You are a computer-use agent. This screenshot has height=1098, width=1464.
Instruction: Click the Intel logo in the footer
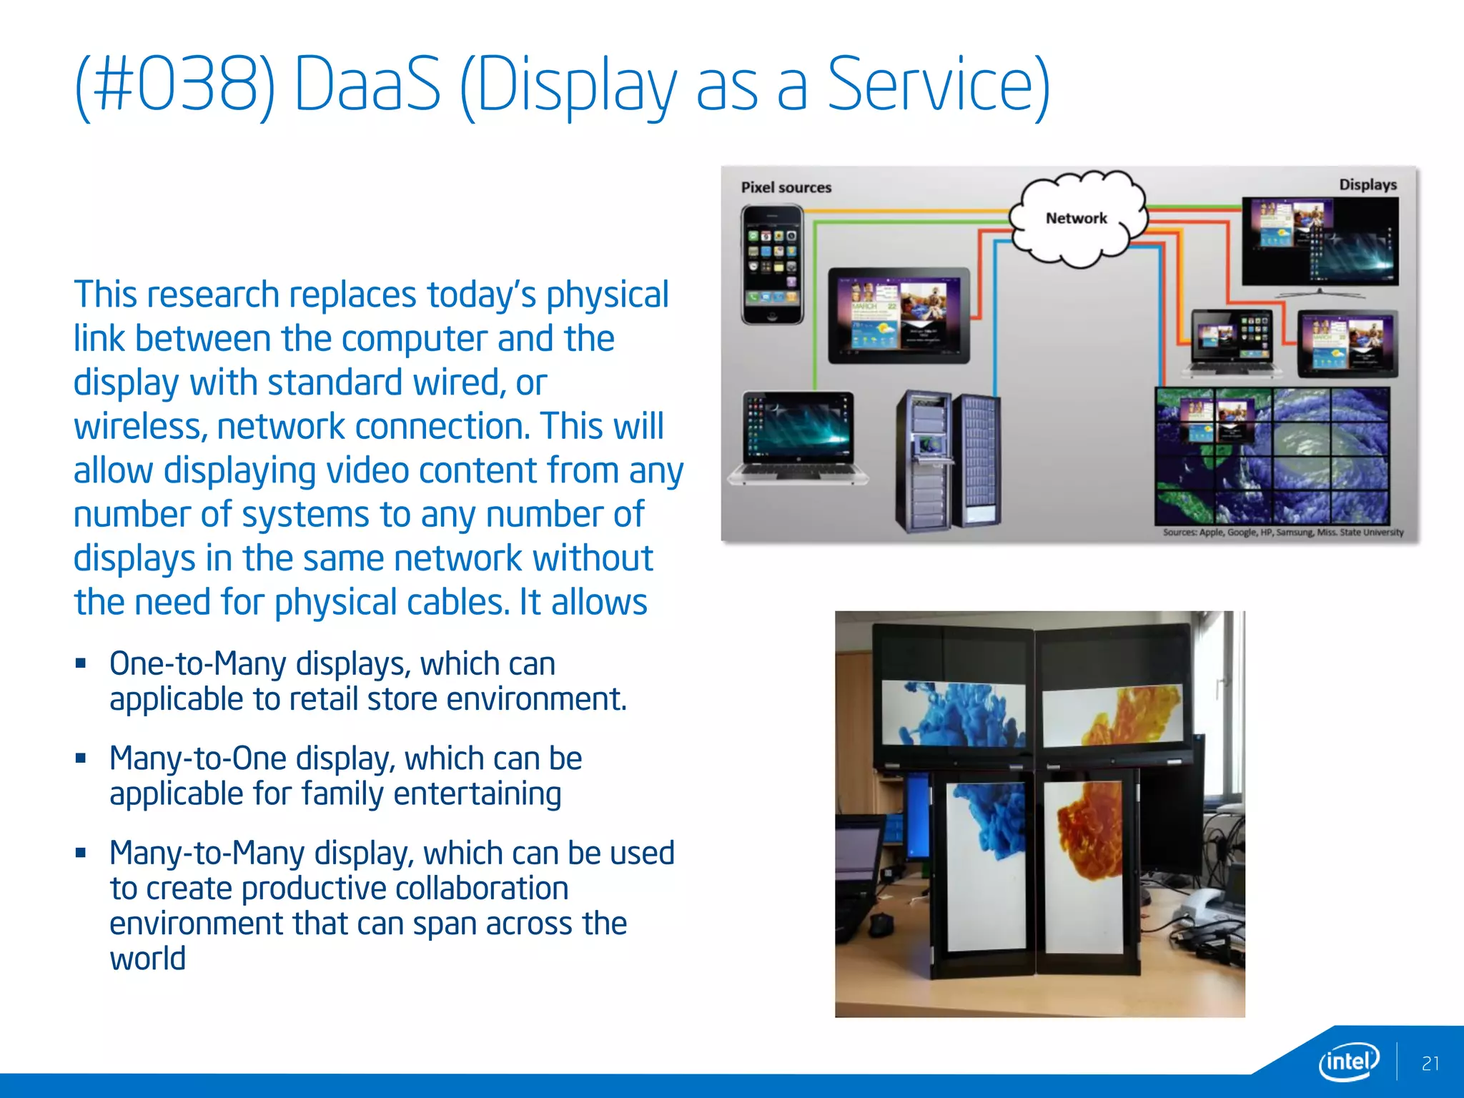1348,1061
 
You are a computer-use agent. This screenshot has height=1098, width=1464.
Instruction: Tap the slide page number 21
1430,1064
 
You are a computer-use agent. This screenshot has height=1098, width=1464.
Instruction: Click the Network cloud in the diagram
1076,218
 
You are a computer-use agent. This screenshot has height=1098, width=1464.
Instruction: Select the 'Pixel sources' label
786,187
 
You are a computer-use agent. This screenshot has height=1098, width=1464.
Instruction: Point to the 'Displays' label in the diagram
1367,184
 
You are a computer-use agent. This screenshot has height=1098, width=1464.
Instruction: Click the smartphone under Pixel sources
772,264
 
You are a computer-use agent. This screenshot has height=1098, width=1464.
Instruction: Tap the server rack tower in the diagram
947,461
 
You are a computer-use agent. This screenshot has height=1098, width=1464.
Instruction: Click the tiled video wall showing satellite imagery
1272,455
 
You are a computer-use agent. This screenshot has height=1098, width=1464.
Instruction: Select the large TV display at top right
1320,243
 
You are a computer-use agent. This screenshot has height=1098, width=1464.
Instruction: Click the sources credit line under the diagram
1282,533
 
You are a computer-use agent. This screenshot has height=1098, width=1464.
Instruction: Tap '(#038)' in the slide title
174,86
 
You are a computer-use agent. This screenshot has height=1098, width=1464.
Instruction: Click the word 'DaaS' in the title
367,86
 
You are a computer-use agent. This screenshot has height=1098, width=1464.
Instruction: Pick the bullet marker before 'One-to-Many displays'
81,663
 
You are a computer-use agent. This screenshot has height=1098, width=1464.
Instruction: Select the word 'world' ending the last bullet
147,959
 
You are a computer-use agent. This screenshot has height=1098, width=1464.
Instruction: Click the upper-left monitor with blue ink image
953,713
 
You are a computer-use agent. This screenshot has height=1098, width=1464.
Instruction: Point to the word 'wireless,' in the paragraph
140,427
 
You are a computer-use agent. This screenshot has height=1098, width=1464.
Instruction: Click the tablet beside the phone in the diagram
899,316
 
